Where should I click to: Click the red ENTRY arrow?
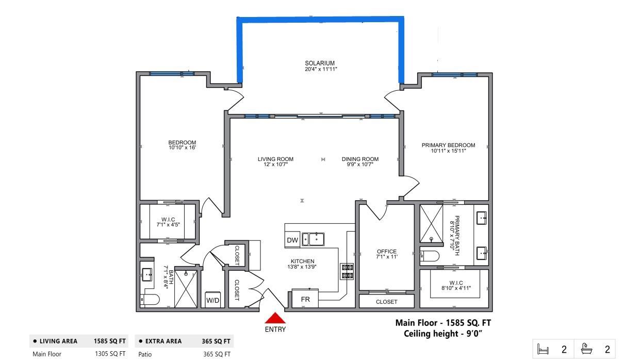(x=275, y=318)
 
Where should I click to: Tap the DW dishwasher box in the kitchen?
(x=292, y=240)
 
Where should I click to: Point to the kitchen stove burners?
(x=347, y=271)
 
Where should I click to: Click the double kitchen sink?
(x=313, y=239)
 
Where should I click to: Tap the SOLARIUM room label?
(x=320, y=66)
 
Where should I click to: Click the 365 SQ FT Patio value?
(x=216, y=354)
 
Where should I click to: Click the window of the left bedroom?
(x=172, y=74)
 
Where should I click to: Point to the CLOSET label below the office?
(x=386, y=302)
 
